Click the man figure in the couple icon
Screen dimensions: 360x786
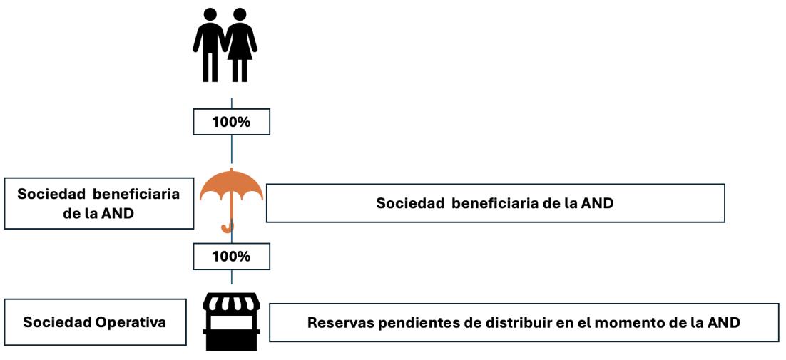[x=210, y=43]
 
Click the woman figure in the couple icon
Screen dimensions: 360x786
[x=240, y=43]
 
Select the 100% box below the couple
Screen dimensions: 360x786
[x=231, y=122]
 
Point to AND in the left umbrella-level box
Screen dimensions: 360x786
[x=118, y=212]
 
